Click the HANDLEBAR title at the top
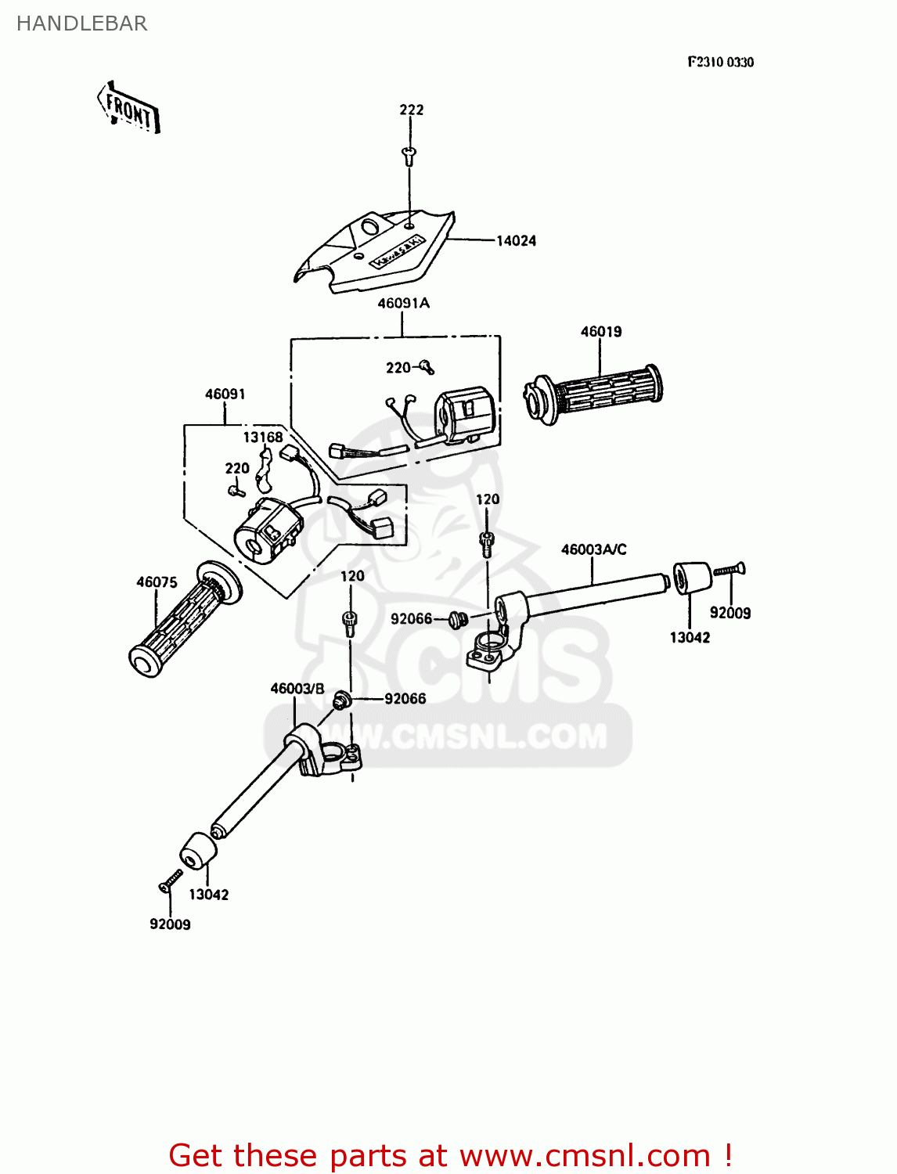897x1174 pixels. pyautogui.click(x=81, y=23)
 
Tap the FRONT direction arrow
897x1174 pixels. pyautogui.click(x=129, y=109)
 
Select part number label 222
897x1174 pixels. pyautogui.click(x=411, y=110)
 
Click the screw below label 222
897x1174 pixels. pyautogui.click(x=409, y=154)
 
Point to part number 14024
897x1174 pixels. pyautogui.click(x=516, y=241)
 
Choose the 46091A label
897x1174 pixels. pyautogui.click(x=403, y=303)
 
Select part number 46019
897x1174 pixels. pyautogui.click(x=600, y=332)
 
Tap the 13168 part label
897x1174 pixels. pyautogui.click(x=262, y=438)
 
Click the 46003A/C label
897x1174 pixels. pyautogui.click(x=593, y=550)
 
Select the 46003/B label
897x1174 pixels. pyautogui.click(x=297, y=689)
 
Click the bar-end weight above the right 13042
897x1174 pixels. pyautogui.click(x=692, y=578)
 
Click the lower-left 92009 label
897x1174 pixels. pyautogui.click(x=170, y=924)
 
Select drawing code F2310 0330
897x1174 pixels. pyautogui.click(x=720, y=63)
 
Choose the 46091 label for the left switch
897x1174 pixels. pyautogui.click(x=225, y=394)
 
